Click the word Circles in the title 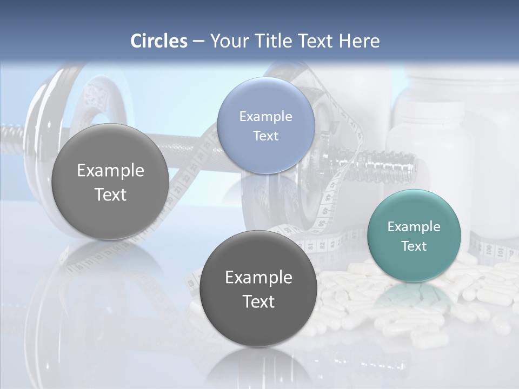[159, 41]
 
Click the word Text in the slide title [316, 41]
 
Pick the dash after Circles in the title [198, 42]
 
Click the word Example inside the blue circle [265, 116]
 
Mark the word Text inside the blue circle [265, 136]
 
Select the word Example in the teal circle [414, 226]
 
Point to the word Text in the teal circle [414, 246]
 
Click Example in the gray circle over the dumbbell [110, 170]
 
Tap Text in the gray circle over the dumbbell [110, 194]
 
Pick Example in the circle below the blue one [258, 277]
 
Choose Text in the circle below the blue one [258, 301]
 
